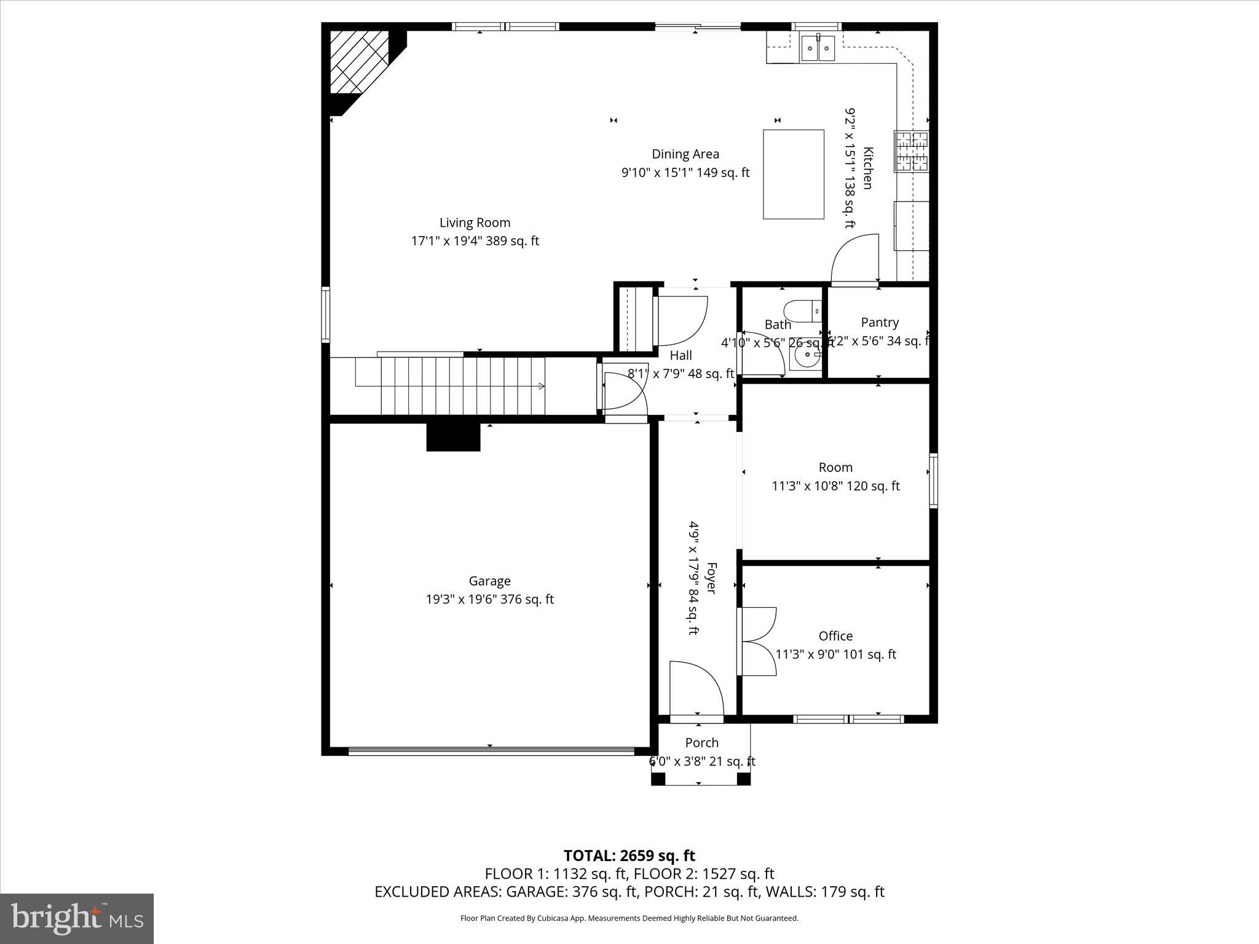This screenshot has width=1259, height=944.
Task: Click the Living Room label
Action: tap(475, 222)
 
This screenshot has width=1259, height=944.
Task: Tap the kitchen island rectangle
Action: tap(793, 174)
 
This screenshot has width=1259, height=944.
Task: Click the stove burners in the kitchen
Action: tap(912, 151)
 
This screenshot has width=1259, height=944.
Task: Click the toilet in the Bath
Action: tap(802, 312)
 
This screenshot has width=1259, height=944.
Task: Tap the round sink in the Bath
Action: tap(805, 357)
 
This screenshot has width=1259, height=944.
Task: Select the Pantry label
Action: tap(880, 322)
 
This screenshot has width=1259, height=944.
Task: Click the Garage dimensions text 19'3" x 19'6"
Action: tap(489, 599)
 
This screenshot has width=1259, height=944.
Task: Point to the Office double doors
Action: tap(757, 642)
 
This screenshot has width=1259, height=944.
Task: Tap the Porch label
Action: tap(701, 742)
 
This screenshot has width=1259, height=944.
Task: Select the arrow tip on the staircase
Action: tap(542, 386)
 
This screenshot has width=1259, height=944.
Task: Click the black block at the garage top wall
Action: tap(453, 437)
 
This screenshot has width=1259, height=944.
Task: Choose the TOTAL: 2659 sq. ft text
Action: tap(629, 855)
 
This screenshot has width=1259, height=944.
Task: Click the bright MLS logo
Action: tap(76, 918)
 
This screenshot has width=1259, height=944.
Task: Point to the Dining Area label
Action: tap(685, 154)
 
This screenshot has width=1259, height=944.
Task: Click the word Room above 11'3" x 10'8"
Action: tap(835, 467)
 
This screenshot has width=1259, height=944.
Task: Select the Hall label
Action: tap(681, 355)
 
